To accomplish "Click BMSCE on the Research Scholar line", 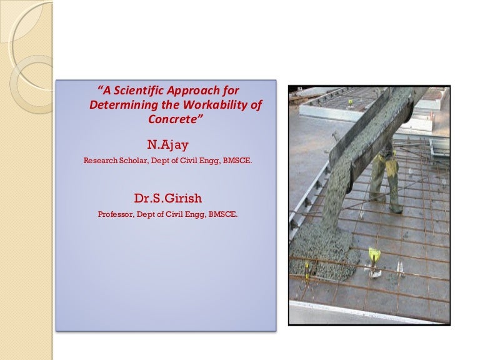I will click(x=241, y=161).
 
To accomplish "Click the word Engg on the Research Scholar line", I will click(x=212, y=161).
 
